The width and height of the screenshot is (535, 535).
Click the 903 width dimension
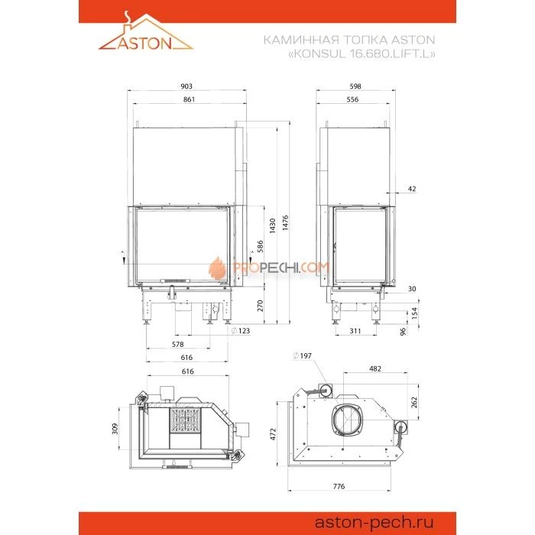click(x=186, y=86)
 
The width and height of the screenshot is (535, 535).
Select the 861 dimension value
click(x=189, y=99)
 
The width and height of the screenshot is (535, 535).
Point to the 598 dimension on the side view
click(x=355, y=86)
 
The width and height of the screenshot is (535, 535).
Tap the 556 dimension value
click(x=352, y=99)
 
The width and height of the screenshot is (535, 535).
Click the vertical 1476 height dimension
click(x=286, y=223)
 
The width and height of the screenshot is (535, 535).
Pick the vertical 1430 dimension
click(x=272, y=225)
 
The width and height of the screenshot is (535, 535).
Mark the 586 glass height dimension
click(x=260, y=246)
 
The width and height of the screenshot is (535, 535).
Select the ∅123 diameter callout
click(x=240, y=331)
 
